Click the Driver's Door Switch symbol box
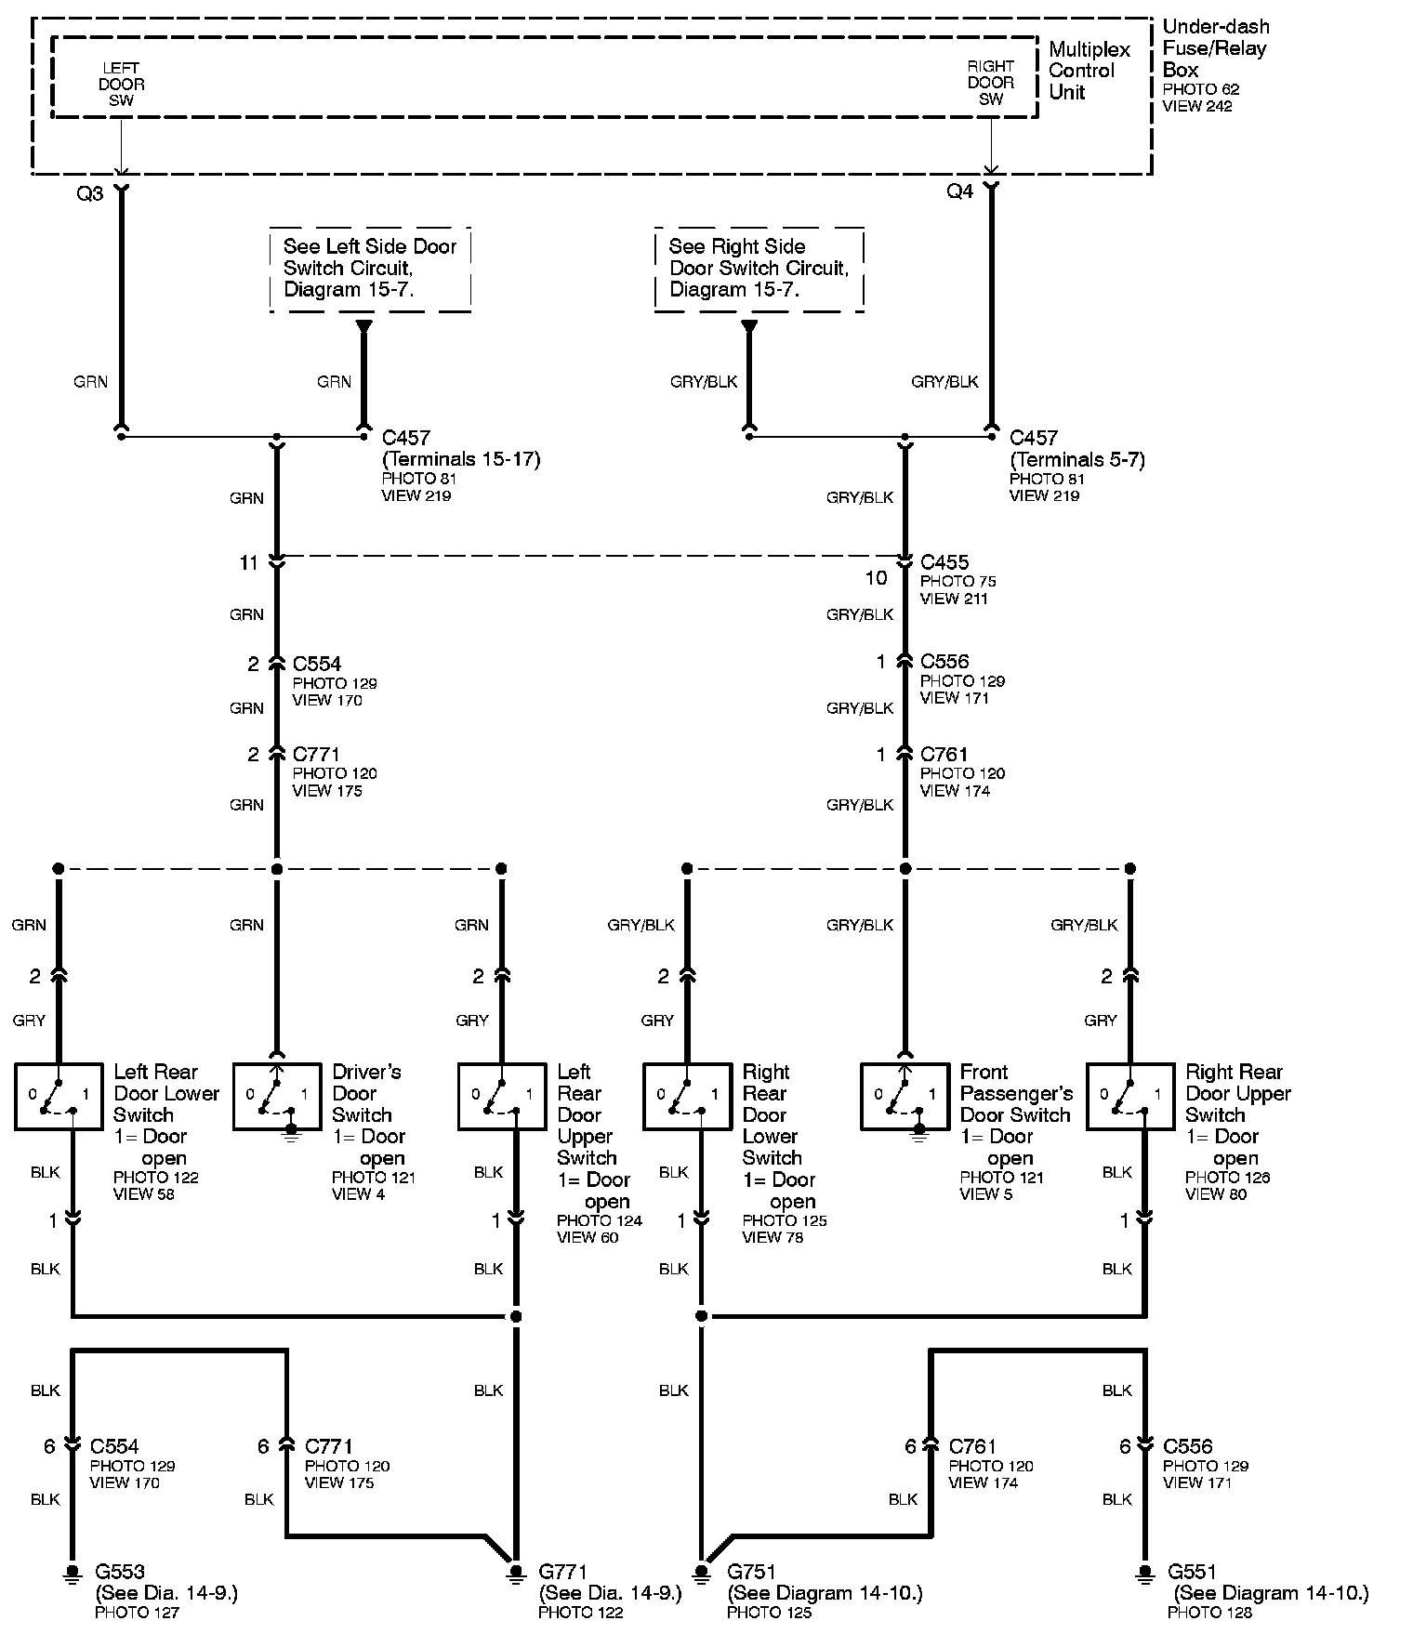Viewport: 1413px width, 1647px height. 277,1097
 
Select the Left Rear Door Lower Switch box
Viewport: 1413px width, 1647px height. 59,1097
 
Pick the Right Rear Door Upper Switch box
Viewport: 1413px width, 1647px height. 1130,1097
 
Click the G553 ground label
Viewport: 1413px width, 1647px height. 120,1572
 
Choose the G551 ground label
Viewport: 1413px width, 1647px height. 1193,1572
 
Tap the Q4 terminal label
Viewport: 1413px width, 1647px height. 960,191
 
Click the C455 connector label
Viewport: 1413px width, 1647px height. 944,562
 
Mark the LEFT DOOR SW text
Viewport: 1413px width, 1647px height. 122,84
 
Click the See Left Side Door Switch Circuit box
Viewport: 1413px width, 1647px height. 370,269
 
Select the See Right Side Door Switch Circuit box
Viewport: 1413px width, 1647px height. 759,268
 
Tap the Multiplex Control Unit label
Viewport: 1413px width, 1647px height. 1089,71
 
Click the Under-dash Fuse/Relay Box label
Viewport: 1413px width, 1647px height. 1215,48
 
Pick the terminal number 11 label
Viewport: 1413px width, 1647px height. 248,562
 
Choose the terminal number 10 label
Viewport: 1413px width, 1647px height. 877,578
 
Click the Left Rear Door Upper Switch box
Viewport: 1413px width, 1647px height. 502,1097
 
